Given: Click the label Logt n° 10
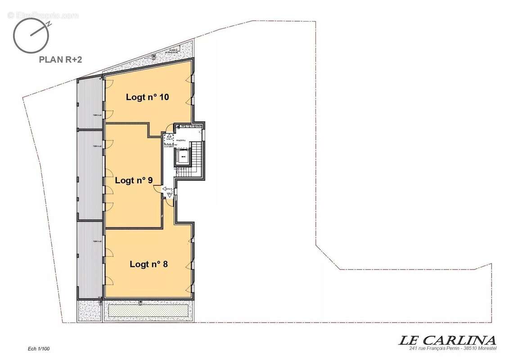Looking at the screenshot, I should (x=147, y=97).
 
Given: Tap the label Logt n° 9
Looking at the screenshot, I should (x=134, y=180).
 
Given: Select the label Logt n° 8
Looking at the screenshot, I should (x=149, y=264).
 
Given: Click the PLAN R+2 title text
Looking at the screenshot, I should (x=60, y=58).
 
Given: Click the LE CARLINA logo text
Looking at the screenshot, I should (x=447, y=340).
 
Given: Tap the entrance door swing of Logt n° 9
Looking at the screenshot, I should (x=158, y=189).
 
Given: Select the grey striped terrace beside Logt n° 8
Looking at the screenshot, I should (x=90, y=260).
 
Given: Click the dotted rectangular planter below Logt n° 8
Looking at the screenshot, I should (x=148, y=310).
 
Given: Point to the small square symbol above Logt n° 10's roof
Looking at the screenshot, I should (x=154, y=56).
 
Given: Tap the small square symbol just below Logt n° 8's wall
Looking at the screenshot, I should (x=141, y=301).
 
